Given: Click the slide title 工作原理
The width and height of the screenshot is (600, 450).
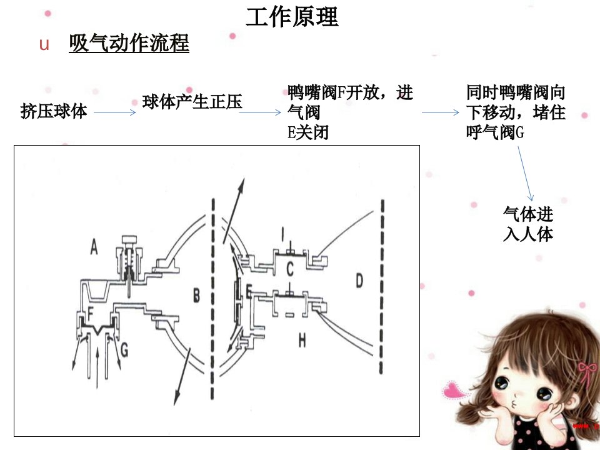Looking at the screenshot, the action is click(292, 17).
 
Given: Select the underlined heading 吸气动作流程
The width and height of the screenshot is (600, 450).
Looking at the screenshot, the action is click(129, 43).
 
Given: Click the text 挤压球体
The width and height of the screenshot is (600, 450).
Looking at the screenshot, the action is click(54, 111).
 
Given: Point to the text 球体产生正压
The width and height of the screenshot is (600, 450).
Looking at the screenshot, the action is click(192, 102).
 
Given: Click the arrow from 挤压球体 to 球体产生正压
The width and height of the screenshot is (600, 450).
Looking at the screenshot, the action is click(115, 112).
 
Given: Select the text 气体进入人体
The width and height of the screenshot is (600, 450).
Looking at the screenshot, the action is click(528, 224).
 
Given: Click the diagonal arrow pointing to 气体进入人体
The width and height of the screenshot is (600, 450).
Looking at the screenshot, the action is click(526, 173).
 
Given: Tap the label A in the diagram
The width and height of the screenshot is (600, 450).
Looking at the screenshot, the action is click(94, 246).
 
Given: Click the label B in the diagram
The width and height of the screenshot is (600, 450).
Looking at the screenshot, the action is click(196, 296).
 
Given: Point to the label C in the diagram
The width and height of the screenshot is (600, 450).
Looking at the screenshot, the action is click(290, 269).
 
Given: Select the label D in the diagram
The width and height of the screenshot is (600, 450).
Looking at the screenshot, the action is click(359, 281).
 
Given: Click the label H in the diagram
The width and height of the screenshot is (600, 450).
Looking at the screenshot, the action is click(302, 340).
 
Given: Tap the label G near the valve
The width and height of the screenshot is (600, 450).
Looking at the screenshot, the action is click(124, 350).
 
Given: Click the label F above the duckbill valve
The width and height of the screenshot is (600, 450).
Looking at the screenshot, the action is click(91, 313).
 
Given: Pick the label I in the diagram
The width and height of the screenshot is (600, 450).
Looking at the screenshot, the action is click(282, 234).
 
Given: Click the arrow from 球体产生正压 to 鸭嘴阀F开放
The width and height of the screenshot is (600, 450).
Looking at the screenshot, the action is click(260, 112).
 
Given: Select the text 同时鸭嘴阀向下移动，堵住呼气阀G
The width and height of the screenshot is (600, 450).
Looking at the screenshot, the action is click(516, 112).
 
